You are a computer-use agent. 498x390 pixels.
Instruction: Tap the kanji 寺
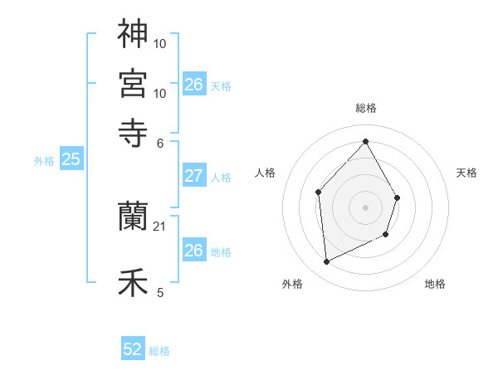point(133,131)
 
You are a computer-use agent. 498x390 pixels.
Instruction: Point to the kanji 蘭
point(133,217)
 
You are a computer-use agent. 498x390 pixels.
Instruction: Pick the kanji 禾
point(133,283)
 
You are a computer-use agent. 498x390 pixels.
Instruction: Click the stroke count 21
point(161,227)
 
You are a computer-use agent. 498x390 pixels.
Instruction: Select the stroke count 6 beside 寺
point(161,142)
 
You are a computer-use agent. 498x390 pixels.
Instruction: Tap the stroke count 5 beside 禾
point(160,292)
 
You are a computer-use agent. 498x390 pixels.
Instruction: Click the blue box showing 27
point(193,176)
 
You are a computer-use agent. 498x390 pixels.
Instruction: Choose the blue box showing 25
point(71,159)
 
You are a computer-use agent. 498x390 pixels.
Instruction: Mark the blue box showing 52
point(133,349)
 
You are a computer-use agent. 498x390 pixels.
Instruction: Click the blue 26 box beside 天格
point(193,85)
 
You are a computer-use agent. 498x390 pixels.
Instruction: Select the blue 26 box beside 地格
point(193,251)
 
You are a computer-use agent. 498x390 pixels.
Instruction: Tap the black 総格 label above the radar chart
point(366,109)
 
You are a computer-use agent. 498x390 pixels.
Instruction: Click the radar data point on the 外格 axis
point(327,262)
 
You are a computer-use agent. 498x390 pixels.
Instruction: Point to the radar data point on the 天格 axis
point(398,197)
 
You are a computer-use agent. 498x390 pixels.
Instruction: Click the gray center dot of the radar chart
point(366,207)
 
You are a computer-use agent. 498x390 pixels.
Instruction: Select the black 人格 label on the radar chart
point(266,173)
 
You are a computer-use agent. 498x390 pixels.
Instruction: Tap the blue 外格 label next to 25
point(43,162)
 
